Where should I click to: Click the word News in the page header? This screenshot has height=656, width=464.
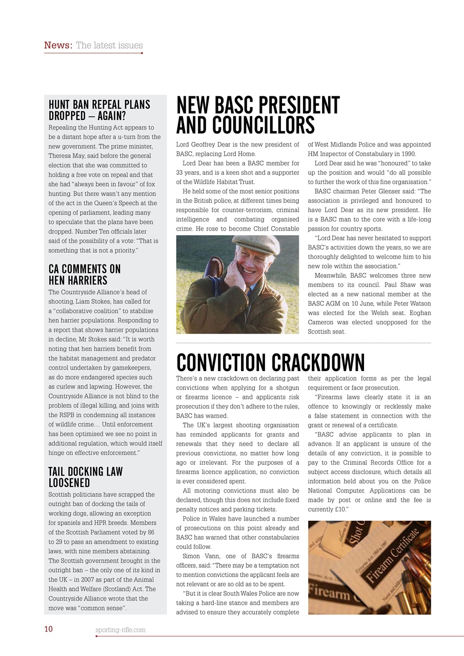(x=57, y=45)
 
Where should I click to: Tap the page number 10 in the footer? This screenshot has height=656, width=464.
(x=48, y=629)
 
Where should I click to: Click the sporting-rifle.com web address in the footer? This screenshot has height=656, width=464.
(x=120, y=629)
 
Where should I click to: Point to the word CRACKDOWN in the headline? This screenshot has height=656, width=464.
(x=318, y=363)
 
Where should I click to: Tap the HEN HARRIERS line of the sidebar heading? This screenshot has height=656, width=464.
(x=78, y=280)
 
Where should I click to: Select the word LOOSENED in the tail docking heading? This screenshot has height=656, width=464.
(x=69, y=483)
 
